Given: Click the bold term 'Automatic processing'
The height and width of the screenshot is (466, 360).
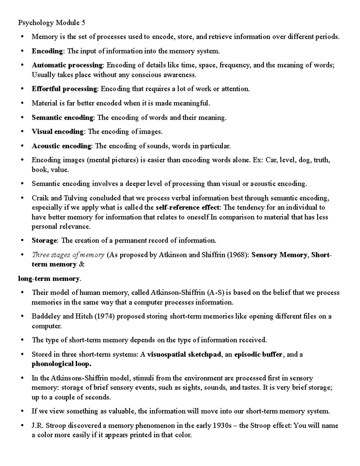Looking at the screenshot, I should pyautogui.click(x=67, y=65).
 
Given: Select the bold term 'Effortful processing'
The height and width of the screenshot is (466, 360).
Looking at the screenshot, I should pyautogui.click(x=64, y=89).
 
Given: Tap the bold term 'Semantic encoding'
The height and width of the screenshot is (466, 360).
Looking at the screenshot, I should pyautogui.click(x=63, y=118).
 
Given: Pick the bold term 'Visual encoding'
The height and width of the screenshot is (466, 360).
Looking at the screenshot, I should pyautogui.click(x=58, y=132).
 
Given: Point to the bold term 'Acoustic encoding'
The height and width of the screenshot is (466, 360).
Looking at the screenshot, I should pyautogui.click(x=61, y=146).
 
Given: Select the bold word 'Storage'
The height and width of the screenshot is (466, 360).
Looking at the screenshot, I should pyautogui.click(x=44, y=241).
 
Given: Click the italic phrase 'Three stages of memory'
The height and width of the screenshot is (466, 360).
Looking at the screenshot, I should pyautogui.click(x=68, y=255).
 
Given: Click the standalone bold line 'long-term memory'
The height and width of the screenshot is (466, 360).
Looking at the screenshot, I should pyautogui.click(x=49, y=279).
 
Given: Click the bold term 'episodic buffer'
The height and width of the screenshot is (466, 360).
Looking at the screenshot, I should pyautogui.click(x=258, y=355).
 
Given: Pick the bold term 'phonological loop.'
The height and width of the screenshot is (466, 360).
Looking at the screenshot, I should pyautogui.click(x=61, y=364).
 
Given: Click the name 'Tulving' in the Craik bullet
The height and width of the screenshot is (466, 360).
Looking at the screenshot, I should pyautogui.click(x=76, y=198).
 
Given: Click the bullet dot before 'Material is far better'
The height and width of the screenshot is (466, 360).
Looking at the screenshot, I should pyautogui.click(x=22, y=104).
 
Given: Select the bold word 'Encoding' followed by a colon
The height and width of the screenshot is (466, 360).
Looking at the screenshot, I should pyautogui.click(x=47, y=51).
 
